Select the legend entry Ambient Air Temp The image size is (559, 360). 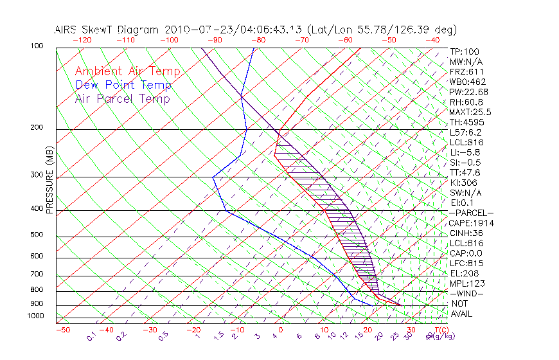[127, 71]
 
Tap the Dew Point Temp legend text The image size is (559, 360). [123, 85]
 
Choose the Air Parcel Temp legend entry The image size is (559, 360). [122, 98]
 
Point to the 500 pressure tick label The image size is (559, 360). [37, 235]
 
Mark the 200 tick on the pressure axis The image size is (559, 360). [37, 127]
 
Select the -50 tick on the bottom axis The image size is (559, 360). [62, 330]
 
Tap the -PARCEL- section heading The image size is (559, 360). [471, 213]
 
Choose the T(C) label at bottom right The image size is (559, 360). [439, 330]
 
